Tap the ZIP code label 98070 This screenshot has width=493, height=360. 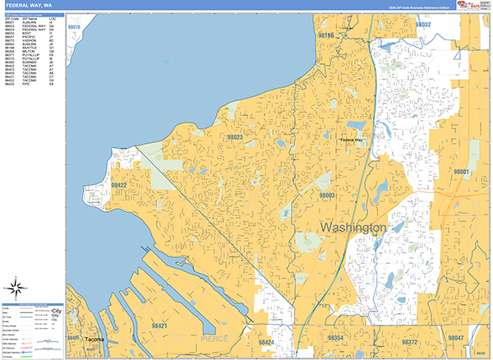pyautogui.click(x=75, y=27)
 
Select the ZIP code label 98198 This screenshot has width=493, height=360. pyautogui.click(x=326, y=36)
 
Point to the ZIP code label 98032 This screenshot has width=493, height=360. pyautogui.click(x=422, y=25)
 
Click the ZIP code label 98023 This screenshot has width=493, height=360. pyautogui.click(x=235, y=137)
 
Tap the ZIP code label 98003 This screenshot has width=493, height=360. pyautogui.click(x=327, y=196)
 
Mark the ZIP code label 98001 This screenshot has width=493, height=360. pyautogui.click(x=461, y=172)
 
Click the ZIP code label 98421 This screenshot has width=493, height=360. pyautogui.click(x=159, y=325)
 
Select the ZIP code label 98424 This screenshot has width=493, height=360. pyautogui.click(x=265, y=341)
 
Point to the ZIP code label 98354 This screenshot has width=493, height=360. pyautogui.click(x=336, y=338)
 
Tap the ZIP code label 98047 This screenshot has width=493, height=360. pyautogui.click(x=456, y=338)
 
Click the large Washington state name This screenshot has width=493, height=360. pyautogui.click(x=352, y=227)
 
